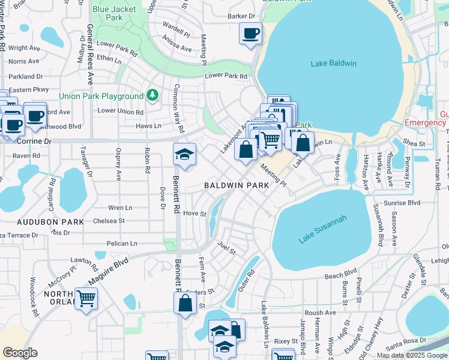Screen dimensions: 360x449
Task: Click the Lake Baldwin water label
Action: pos(334,64)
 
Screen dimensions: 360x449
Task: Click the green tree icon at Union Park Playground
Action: pos(152,95)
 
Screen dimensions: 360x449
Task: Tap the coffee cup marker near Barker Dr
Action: pos(250,34)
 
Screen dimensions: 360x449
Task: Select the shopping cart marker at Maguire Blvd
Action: pos(86,298)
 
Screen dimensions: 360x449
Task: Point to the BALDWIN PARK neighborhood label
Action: pos(236,186)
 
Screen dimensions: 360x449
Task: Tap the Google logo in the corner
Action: pos(20,352)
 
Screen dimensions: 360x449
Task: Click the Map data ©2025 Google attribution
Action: pos(412,355)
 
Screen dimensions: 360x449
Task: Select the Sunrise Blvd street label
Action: pos(406,203)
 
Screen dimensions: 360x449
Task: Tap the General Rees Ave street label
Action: pos(91,54)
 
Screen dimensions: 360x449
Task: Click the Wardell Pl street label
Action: pos(176,28)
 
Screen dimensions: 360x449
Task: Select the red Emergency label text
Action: pos(425,123)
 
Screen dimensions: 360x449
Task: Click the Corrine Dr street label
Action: pos(35,141)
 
